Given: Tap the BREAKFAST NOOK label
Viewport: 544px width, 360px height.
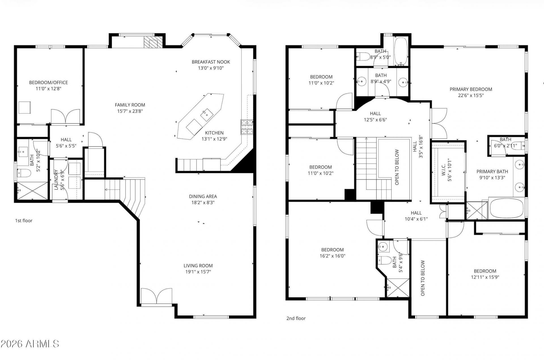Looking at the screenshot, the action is point(211,62).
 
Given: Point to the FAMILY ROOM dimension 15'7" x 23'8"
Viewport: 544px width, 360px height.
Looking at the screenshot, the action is point(130,111).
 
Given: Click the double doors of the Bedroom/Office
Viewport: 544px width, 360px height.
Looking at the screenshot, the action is point(65,117).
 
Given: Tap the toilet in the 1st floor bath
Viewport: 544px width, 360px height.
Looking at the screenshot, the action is point(24,172).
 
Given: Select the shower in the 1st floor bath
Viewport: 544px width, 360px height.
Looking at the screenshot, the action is point(33,191).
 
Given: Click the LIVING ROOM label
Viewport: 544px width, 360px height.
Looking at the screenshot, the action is point(198,266).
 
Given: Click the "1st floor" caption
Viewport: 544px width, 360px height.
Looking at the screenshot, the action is point(24,221).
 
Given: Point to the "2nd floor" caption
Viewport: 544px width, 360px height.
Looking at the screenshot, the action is point(296,318).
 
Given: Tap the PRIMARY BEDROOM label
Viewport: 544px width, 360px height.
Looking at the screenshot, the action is point(471,89).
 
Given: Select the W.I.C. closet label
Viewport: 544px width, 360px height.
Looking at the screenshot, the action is point(444,170).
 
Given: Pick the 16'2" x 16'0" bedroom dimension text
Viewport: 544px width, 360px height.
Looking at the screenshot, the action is point(332,256).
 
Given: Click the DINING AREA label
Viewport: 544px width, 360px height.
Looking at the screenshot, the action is point(203,196).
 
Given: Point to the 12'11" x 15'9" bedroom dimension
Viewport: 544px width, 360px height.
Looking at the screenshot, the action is point(485,277).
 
